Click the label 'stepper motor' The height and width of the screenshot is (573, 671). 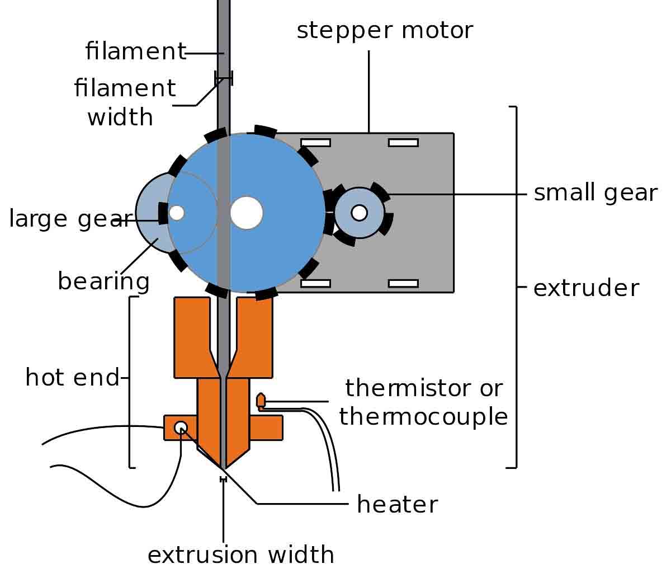pos(385,31)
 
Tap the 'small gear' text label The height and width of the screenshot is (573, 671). pos(595,193)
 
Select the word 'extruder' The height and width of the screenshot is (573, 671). pos(586,288)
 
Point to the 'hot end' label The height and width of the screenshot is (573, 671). pos(73,378)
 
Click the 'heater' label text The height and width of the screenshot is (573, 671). pos(397,505)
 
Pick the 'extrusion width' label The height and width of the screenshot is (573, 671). pos(240,555)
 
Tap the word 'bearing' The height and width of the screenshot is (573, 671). pos(103,281)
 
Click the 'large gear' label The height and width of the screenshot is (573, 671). pos(65,219)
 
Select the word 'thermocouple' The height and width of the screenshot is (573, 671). pos(423,417)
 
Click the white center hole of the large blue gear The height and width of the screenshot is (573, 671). pos(247,213)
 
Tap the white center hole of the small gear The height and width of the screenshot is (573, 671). pos(359,213)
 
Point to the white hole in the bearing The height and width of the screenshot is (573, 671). pos(177,213)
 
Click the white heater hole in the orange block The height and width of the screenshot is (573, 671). pos(181,428)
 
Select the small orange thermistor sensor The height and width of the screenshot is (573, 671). pos(261,401)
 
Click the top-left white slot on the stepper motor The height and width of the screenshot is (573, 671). pos(315,143)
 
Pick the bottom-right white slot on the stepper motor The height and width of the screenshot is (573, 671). pos(403,284)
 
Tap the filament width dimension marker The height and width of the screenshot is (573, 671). pos(224,78)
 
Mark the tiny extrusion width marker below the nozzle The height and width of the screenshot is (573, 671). pos(224,479)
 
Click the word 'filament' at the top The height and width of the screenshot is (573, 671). pos(135,51)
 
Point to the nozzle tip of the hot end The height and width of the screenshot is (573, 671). pos(224,468)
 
